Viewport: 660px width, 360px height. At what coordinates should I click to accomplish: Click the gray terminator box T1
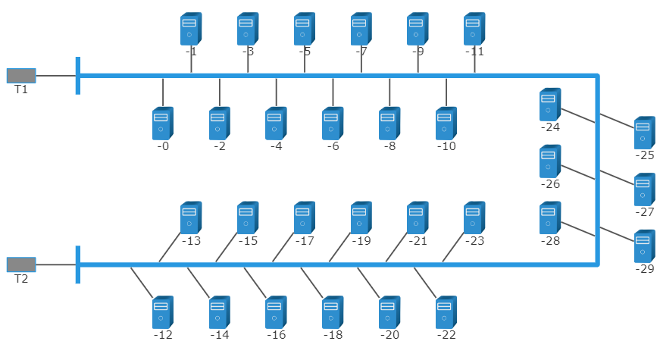pos(21,75)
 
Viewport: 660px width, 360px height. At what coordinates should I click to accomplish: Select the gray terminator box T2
pos(21,264)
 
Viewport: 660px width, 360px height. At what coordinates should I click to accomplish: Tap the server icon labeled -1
pos(191,29)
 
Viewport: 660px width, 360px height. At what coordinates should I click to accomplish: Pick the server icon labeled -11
pos(474,29)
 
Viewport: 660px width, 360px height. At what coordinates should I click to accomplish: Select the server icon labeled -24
pos(550,105)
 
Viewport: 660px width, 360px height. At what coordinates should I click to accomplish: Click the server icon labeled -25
pos(645,133)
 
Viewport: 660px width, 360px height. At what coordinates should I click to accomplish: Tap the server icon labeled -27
pos(645,189)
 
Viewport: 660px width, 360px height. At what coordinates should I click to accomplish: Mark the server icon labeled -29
pos(645,246)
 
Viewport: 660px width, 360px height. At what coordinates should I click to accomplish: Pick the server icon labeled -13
pos(191,218)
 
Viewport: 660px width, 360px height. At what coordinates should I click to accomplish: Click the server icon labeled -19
pos(361,218)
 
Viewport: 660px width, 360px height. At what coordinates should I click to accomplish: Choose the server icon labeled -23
pos(474,218)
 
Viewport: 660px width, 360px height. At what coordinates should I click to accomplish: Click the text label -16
pos(277,335)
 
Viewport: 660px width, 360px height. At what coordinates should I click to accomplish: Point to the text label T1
pos(21,89)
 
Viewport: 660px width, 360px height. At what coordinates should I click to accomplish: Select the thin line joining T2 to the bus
pos(56,265)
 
